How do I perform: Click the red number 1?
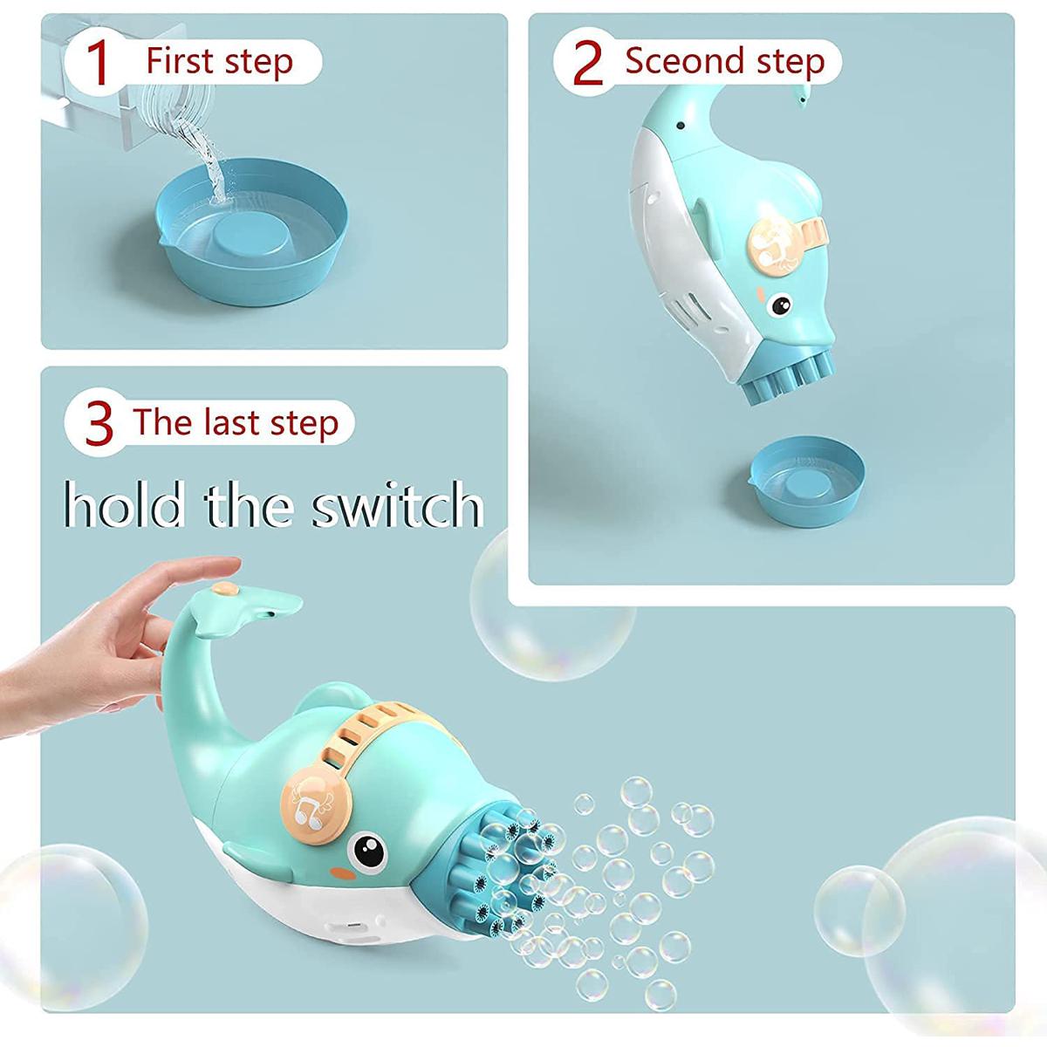click(x=99, y=63)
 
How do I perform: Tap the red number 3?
click(x=100, y=423)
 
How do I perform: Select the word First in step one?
click(x=179, y=62)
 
